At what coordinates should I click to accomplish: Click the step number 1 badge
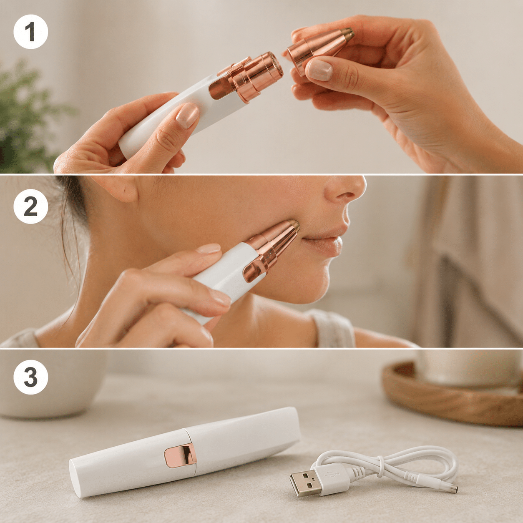pyautogui.click(x=31, y=32)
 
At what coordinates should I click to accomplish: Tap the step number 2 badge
pyautogui.click(x=31, y=206)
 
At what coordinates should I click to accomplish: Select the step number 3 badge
pyautogui.click(x=31, y=377)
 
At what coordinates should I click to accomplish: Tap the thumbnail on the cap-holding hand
pyautogui.click(x=320, y=70)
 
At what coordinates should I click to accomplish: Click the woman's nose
pyautogui.click(x=346, y=190)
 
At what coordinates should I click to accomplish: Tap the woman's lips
pyautogui.click(x=324, y=239)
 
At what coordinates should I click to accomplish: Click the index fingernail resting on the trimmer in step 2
pyautogui.click(x=209, y=248)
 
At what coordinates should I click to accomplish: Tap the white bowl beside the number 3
pyautogui.click(x=46, y=385)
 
